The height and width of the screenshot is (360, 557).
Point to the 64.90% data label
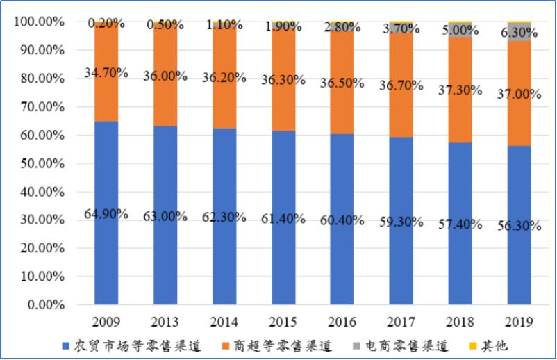tap(106, 214)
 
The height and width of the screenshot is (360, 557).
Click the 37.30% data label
tap(460, 88)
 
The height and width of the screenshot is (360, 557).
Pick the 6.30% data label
tap(519, 32)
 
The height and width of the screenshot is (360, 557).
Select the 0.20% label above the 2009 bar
tap(106, 24)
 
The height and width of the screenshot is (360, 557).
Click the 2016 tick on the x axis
tap(342, 322)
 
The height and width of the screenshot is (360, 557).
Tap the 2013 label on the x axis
tap(165, 322)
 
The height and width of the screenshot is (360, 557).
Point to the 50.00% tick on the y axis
tap(41, 163)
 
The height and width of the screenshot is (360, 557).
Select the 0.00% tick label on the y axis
tap(44, 305)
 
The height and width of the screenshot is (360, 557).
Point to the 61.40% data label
tap(283, 219)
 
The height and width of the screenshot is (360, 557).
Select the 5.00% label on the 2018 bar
tap(460, 31)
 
